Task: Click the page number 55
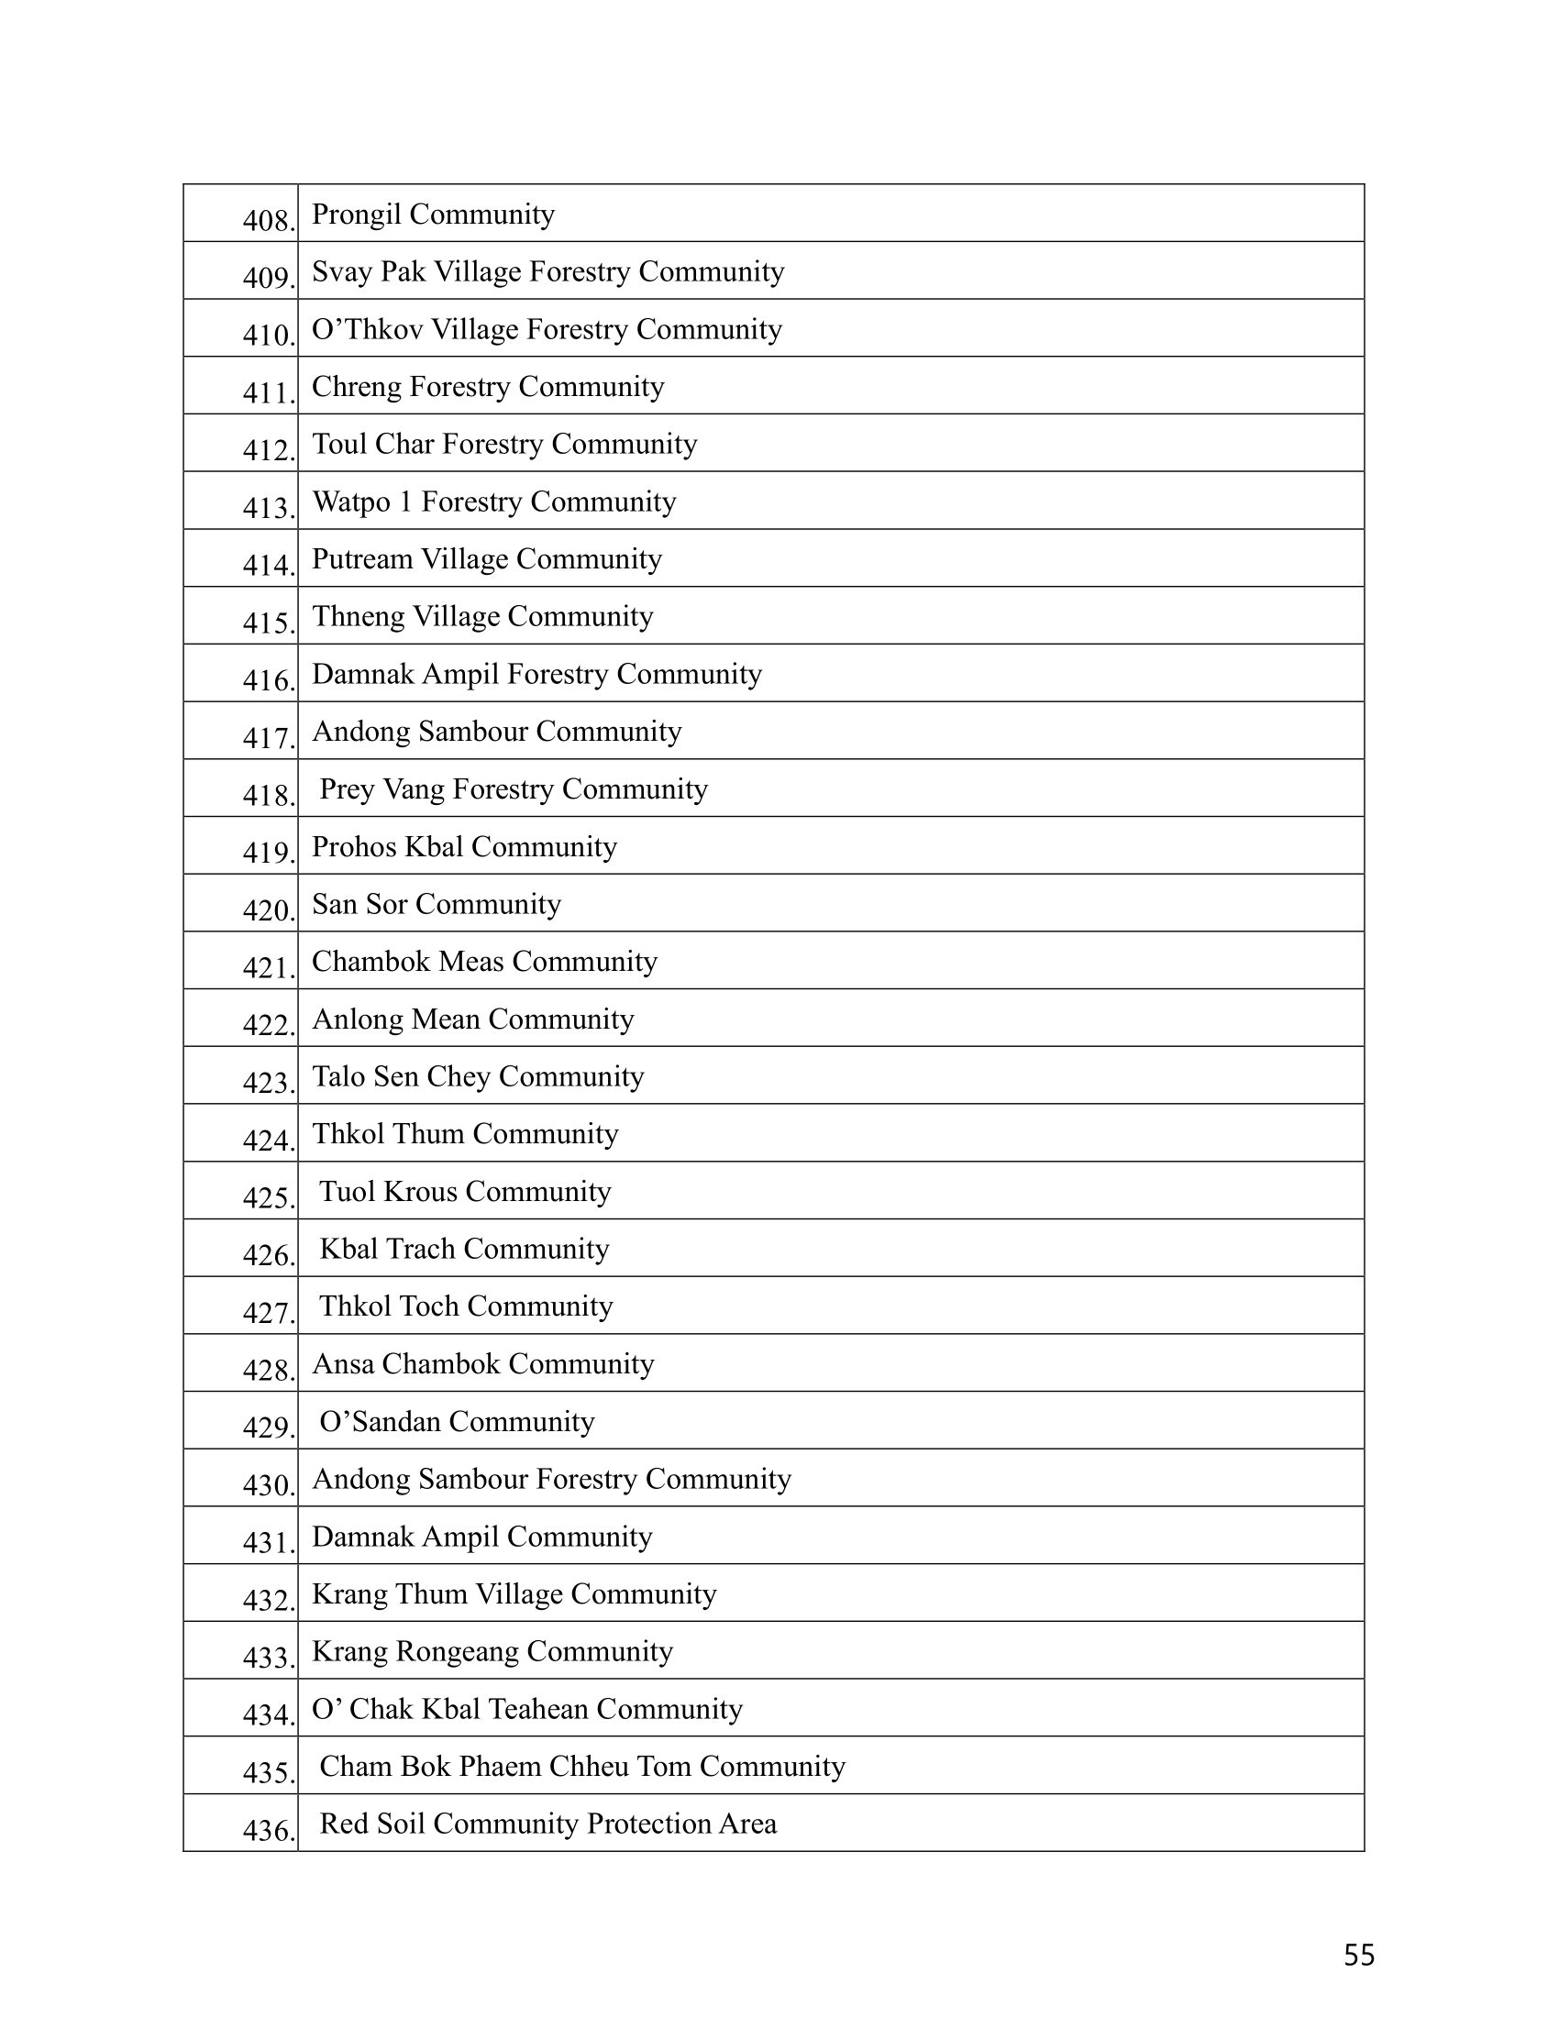click(x=1358, y=1956)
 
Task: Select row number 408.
click(x=269, y=221)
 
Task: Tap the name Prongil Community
click(x=433, y=215)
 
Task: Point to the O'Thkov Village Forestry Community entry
click(x=547, y=330)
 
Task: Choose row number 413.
click(x=269, y=508)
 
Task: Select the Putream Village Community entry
click(x=487, y=559)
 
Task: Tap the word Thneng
click(x=359, y=617)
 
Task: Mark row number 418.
click(x=269, y=795)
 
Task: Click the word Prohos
click(x=356, y=847)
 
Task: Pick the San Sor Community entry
click(x=436, y=904)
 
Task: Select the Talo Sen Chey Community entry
click(x=478, y=1077)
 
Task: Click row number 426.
click(x=269, y=1255)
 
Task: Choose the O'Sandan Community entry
click(x=458, y=1421)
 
